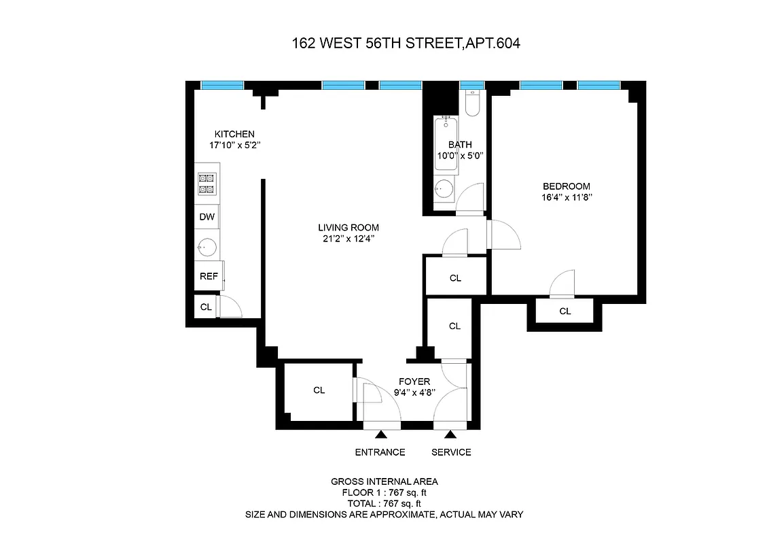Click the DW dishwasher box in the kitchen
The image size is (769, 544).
click(207, 218)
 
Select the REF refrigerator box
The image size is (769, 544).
click(208, 276)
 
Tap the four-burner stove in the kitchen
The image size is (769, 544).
click(207, 184)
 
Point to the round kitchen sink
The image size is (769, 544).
click(207, 246)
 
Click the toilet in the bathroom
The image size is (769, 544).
click(473, 103)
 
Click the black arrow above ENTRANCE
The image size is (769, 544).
click(380, 434)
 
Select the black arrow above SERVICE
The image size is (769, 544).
click(450, 434)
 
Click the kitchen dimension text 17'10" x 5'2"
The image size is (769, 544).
click(235, 145)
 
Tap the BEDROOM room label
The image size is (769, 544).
click(566, 186)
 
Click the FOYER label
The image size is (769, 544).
click(414, 381)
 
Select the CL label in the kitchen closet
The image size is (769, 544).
click(206, 307)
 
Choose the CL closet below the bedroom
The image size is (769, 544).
click(565, 311)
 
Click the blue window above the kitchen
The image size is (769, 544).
click(222, 85)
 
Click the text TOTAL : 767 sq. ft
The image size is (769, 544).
click(384, 503)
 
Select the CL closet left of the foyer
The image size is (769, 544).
click(319, 390)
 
